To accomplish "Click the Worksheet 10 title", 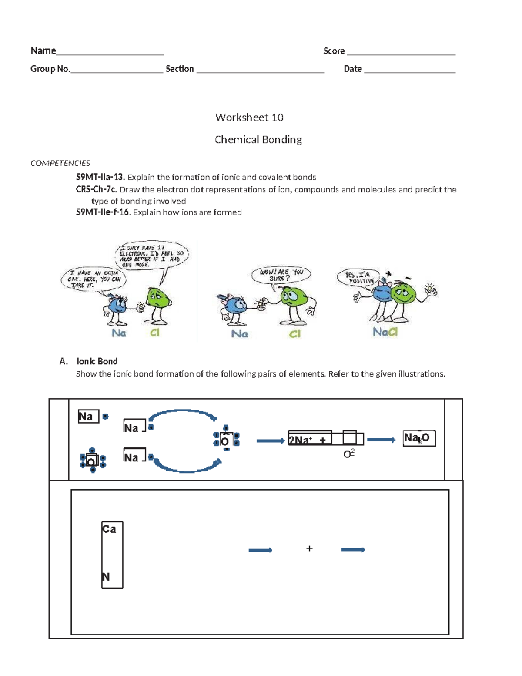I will pos(249,118).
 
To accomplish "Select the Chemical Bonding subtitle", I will pos(258,140).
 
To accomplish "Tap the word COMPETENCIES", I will pos(60,163).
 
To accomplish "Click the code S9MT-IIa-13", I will pos(100,177).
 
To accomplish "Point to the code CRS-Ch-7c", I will pos(96,189).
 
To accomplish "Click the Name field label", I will pos(43,51).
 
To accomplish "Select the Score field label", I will pos(334,51).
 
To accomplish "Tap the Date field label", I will pos(353,69).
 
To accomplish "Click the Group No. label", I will pos(50,69).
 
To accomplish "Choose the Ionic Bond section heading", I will pos(97,361).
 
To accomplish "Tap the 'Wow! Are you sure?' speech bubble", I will pos(281,275).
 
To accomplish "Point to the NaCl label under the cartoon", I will pos(385,332).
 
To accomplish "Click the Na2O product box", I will pos(418,438).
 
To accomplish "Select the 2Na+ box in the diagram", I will pos(310,439).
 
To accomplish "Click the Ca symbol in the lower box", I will pos(109,529).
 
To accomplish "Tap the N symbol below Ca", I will pos(106,577).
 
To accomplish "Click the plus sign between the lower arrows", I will pos(309,548).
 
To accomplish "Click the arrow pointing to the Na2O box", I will pos(381,440).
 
